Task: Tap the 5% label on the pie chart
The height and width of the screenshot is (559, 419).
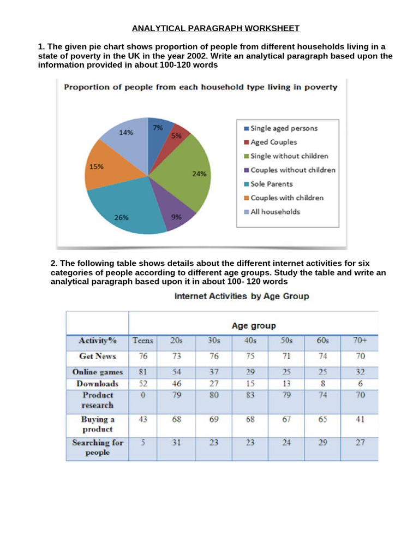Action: click(176, 136)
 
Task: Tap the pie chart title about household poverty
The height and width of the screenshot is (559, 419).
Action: click(201, 87)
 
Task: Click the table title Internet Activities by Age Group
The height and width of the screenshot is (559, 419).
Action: click(241, 296)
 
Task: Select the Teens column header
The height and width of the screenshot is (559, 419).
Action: click(143, 341)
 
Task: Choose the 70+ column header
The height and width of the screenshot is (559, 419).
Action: click(359, 341)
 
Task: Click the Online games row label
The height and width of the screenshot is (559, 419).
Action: click(98, 372)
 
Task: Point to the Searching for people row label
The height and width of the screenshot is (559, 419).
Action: click(98, 448)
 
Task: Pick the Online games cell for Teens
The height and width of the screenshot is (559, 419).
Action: click(143, 372)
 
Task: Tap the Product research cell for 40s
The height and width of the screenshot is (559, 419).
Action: click(251, 395)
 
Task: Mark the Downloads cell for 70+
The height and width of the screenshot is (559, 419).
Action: click(359, 383)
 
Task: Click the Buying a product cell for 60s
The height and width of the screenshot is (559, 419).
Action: click(323, 419)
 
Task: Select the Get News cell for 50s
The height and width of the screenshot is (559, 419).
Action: click(287, 356)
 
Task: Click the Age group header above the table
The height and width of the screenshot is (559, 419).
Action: click(253, 326)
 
